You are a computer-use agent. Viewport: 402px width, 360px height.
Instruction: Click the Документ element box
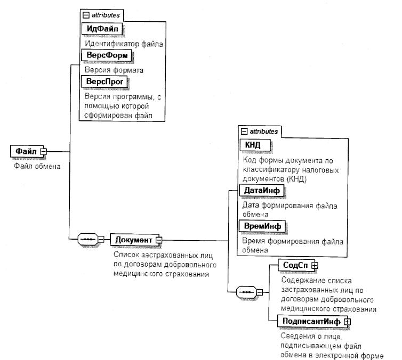point(133,240)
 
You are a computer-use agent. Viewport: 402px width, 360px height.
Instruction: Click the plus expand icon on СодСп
point(315,265)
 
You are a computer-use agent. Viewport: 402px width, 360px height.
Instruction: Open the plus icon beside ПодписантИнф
point(347,322)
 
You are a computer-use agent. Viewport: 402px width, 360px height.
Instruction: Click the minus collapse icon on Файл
point(44,152)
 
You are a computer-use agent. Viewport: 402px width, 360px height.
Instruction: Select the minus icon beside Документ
point(158,240)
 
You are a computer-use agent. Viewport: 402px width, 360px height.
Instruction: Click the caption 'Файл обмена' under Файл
point(37,166)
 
